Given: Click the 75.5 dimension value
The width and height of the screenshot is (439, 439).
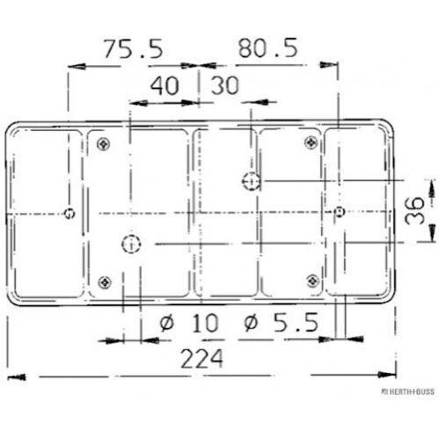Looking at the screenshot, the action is pos(134,49).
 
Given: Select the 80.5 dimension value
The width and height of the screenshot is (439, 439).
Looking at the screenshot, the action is pos(267,48).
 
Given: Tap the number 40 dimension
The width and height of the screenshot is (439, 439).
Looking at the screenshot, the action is pos(165,85).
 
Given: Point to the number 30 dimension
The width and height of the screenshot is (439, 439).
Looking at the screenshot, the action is pos(225,85).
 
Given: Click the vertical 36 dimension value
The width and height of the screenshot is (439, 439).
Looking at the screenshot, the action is pos(414,210).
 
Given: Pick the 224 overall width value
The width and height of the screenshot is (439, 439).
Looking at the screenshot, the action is pos(202,359).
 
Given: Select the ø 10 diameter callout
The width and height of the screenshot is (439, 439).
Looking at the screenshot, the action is pos(189,323).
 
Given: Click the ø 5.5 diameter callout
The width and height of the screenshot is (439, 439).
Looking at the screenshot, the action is pos(282,322).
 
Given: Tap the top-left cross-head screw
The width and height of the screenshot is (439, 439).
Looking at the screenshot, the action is pos(104,144).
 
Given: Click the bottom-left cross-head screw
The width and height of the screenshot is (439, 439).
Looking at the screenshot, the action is pos(105,282).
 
